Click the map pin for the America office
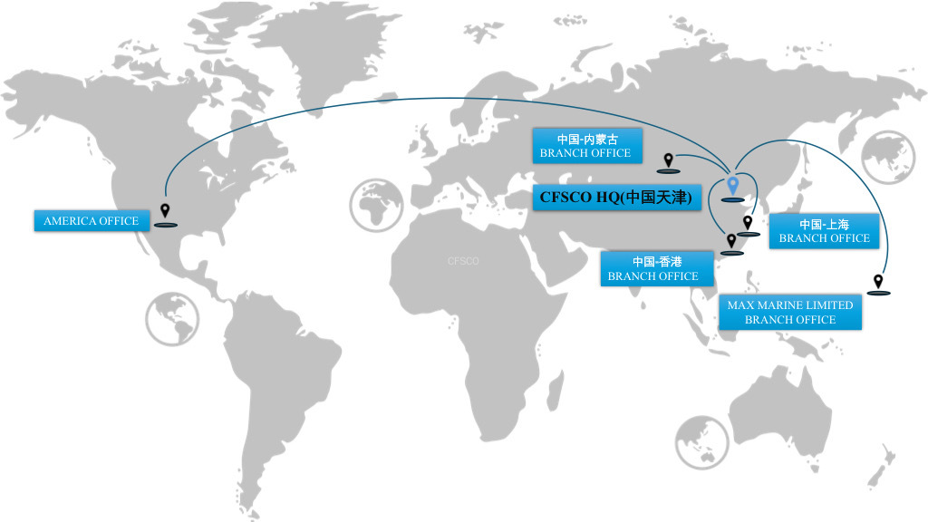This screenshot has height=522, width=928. pos(165,212)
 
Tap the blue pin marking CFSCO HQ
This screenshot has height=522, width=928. pos(733,188)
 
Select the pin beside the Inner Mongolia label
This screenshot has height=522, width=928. pos(669,161)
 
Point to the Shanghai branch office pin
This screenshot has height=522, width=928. pos(748,223)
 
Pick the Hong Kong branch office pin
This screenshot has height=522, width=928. pos(731,242)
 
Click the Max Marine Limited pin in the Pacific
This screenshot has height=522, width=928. pos(878,283)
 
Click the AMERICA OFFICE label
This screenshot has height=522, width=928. pos(92,221)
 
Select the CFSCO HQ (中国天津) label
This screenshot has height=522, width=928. pos(616,197)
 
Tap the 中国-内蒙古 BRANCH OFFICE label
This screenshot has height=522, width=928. pos(585,146)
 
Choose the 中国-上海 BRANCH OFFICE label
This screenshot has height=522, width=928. pos(824,231)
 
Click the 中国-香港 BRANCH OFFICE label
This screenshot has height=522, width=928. pos(652,269)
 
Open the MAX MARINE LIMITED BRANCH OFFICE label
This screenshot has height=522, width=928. pos(789,313)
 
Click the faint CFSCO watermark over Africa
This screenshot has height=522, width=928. pos(463,261)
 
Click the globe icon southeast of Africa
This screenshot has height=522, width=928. pos(701,442)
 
